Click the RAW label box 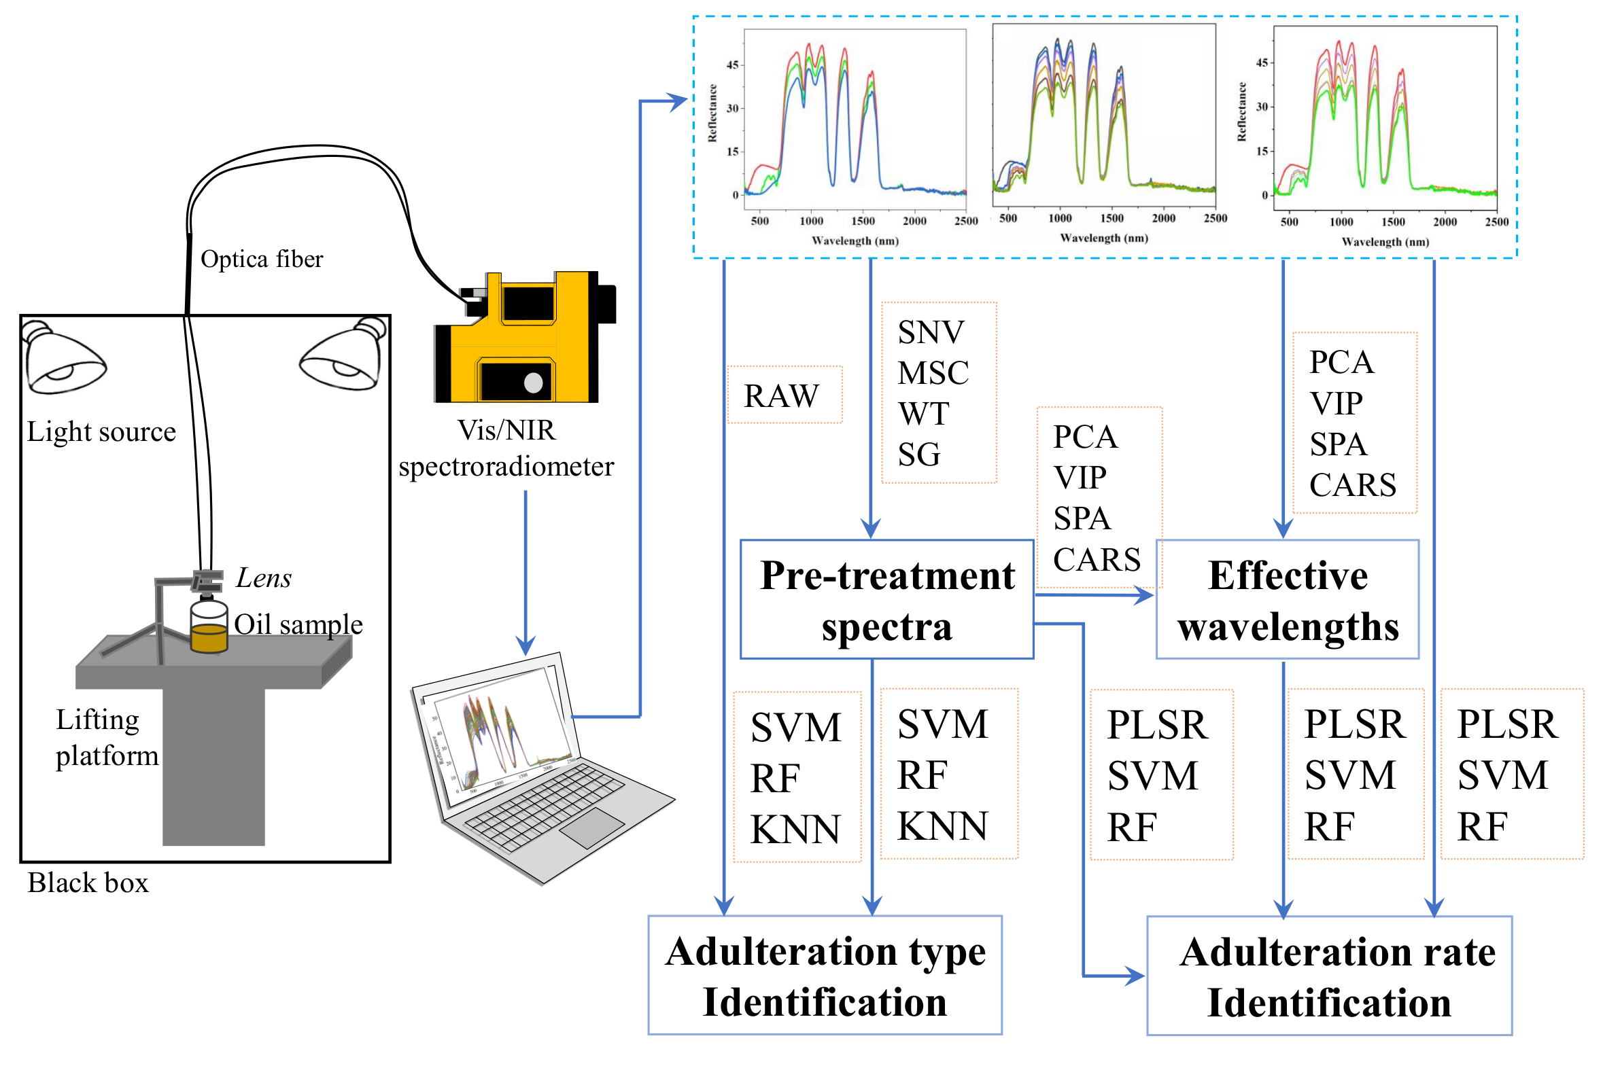tap(783, 395)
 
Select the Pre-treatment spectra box tap(886, 600)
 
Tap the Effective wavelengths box tap(1287, 600)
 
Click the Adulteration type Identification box tap(825, 976)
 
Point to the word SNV tap(930, 332)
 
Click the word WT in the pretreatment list tap(923, 413)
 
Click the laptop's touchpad tap(591, 828)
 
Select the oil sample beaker tap(208, 629)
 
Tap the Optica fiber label tap(261, 259)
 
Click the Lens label tap(263, 578)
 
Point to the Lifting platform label tap(106, 738)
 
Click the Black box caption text tap(88, 883)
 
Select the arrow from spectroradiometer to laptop tap(525, 571)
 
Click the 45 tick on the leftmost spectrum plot tap(731, 65)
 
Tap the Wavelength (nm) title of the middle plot tap(1103, 238)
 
